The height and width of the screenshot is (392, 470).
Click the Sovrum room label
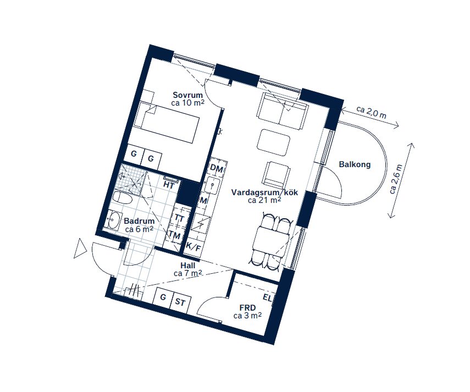(x=188, y=95)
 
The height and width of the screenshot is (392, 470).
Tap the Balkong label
(x=355, y=164)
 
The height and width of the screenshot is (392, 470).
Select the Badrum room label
(x=139, y=221)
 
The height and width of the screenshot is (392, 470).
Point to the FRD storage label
(x=247, y=308)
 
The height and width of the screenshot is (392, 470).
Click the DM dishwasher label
(x=217, y=169)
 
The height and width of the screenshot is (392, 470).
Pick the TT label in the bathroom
(x=179, y=218)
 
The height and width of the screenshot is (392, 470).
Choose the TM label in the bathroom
(x=174, y=235)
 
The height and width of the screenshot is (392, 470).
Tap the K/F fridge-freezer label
(x=193, y=247)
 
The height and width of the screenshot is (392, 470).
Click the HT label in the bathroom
(x=169, y=185)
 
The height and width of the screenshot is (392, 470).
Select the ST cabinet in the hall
(x=180, y=302)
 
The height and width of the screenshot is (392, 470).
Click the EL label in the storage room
(x=267, y=298)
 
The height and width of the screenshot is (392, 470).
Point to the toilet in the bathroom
(x=122, y=198)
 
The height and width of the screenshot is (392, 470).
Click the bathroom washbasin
(x=113, y=220)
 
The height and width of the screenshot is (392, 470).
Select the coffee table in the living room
(x=274, y=142)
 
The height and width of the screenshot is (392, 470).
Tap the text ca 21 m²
(x=264, y=200)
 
